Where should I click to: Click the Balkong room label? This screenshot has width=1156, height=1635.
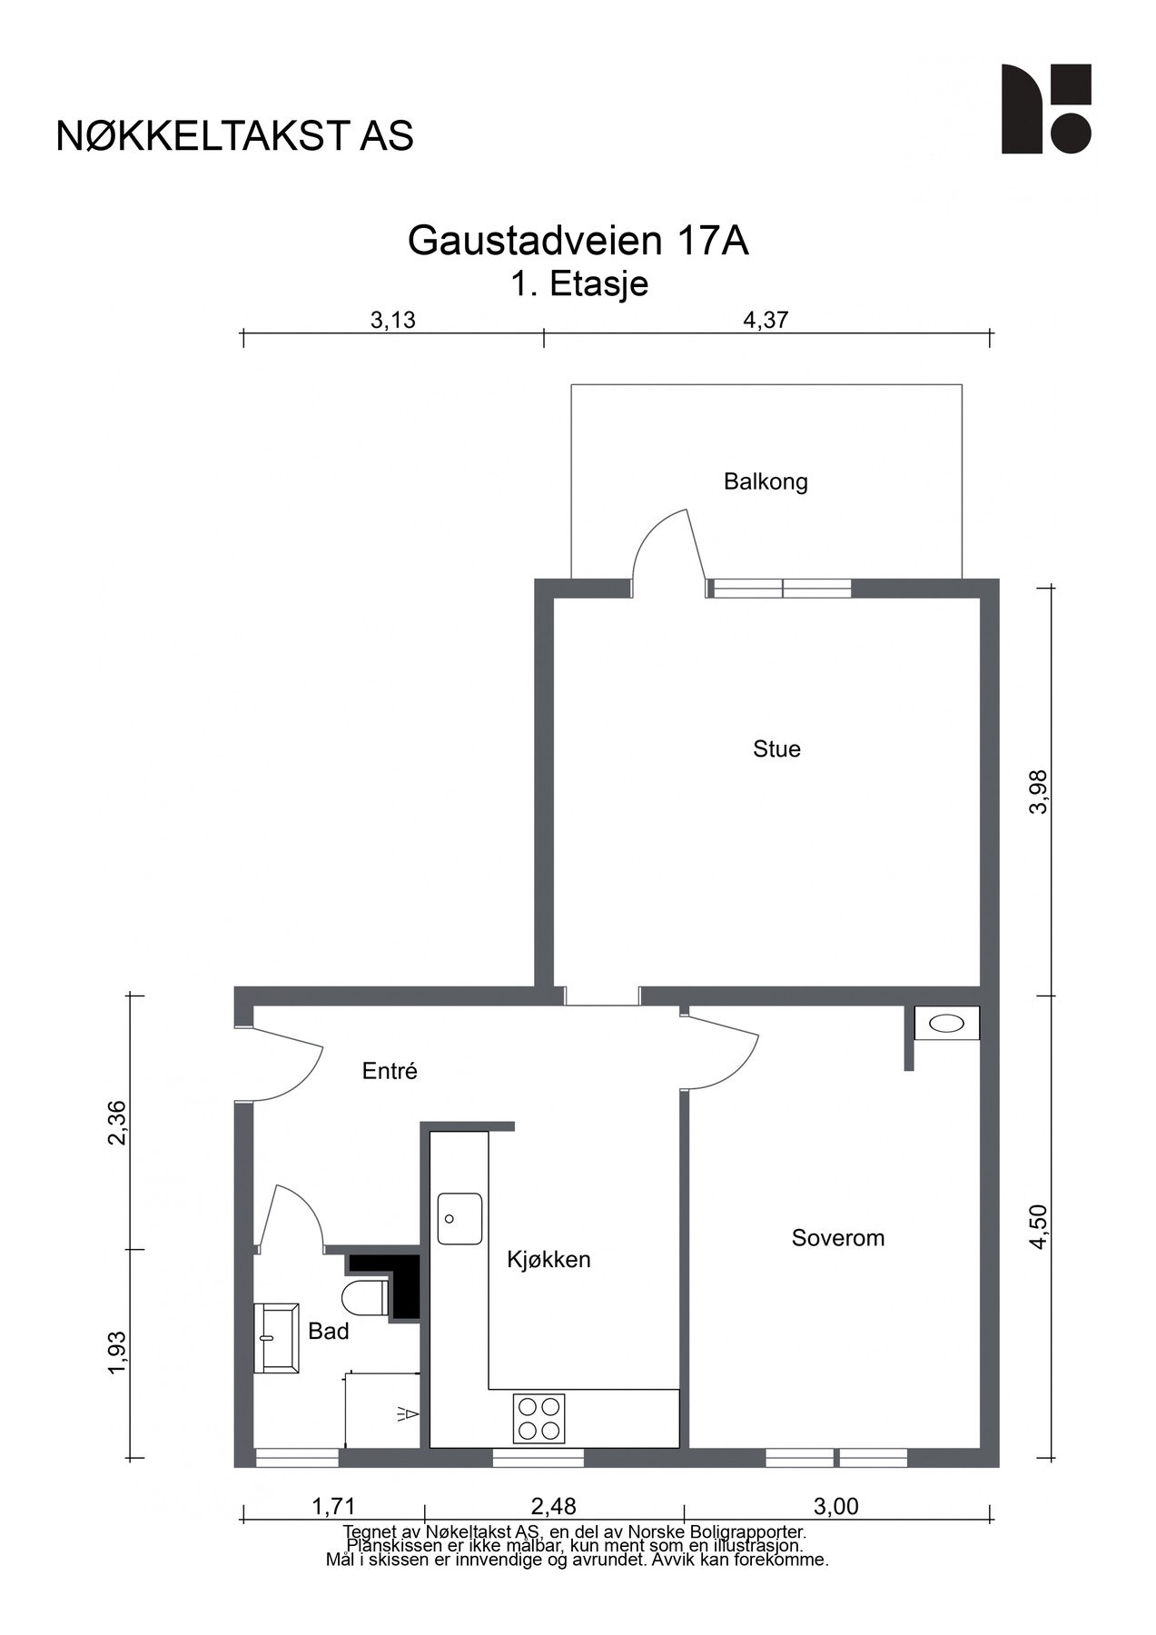pos(766,481)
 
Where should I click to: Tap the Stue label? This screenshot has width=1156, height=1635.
pos(776,749)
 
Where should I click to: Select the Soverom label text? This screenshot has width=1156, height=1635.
pos(837,1238)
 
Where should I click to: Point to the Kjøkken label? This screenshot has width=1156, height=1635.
pos(548,1260)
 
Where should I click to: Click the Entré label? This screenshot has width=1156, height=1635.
pos(390,1071)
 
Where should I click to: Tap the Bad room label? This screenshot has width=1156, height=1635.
pos(329,1332)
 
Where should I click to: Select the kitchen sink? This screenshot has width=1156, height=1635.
pos(460,1219)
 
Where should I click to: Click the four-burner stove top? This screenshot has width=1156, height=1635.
pos(538,1419)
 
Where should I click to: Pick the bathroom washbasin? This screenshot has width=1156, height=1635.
pos(276,1338)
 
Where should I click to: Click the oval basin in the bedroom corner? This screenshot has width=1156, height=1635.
pos(947,1024)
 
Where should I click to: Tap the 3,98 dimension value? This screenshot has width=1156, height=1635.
pos(1039,792)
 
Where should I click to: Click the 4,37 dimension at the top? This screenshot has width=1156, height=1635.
pos(766,321)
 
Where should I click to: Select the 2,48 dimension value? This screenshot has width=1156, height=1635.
pos(554,1507)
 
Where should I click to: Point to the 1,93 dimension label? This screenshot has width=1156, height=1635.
pos(116,1353)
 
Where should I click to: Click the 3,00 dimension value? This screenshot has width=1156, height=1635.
pos(835,1507)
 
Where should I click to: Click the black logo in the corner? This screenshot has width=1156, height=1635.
pos(1046,109)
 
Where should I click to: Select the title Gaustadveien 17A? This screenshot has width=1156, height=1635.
pos(578,242)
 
